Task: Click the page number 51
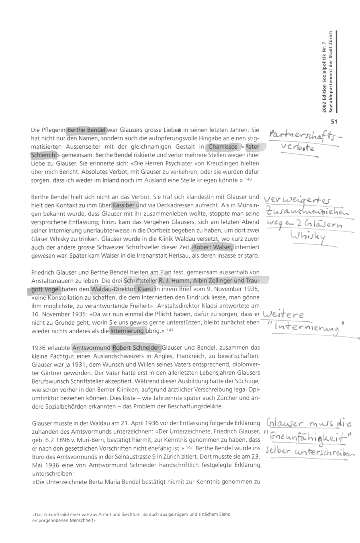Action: pyautogui.click(x=334, y=121)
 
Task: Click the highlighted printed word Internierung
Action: pyautogui.click(x=127, y=331)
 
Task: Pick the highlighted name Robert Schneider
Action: pyautogui.click(x=137, y=348)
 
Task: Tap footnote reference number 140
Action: pyautogui.click(x=248, y=179)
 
